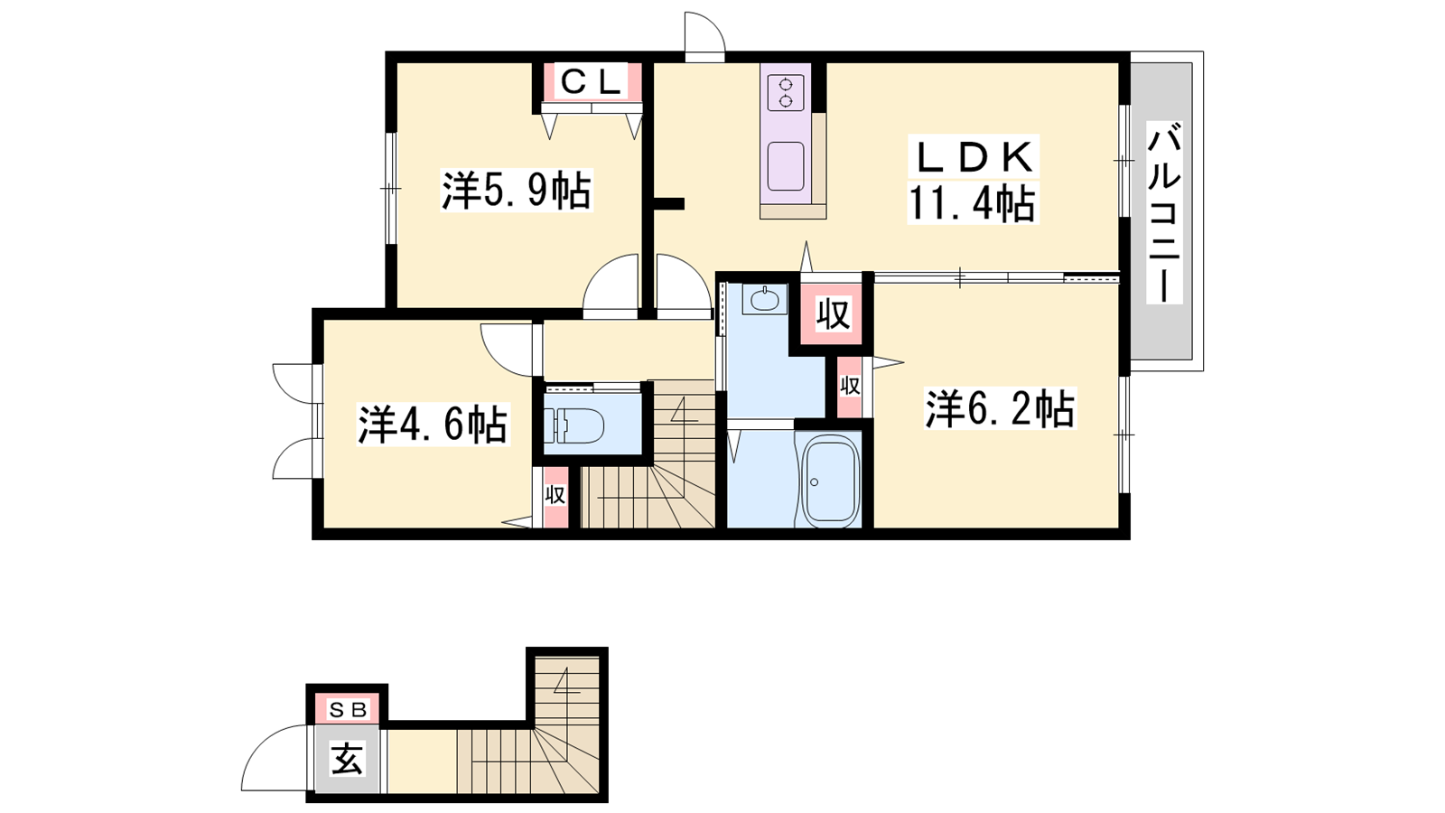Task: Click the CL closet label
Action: tap(591, 82)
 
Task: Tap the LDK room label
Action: tap(974, 157)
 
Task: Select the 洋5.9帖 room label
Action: tap(516, 190)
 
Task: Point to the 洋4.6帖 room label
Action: tap(433, 424)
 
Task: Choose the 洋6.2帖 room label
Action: tap(1001, 408)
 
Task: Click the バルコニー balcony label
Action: tap(1164, 212)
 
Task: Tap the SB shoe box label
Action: tap(349, 710)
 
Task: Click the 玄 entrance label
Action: tap(347, 758)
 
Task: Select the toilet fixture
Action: tap(573, 425)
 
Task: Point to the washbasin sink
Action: tap(765, 299)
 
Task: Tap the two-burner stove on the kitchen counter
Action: tap(786, 93)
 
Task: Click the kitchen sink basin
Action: tap(786, 166)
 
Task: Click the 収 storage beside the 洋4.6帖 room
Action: tap(555, 496)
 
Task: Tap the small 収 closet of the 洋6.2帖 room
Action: tap(850, 387)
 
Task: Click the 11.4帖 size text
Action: tap(972, 203)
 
